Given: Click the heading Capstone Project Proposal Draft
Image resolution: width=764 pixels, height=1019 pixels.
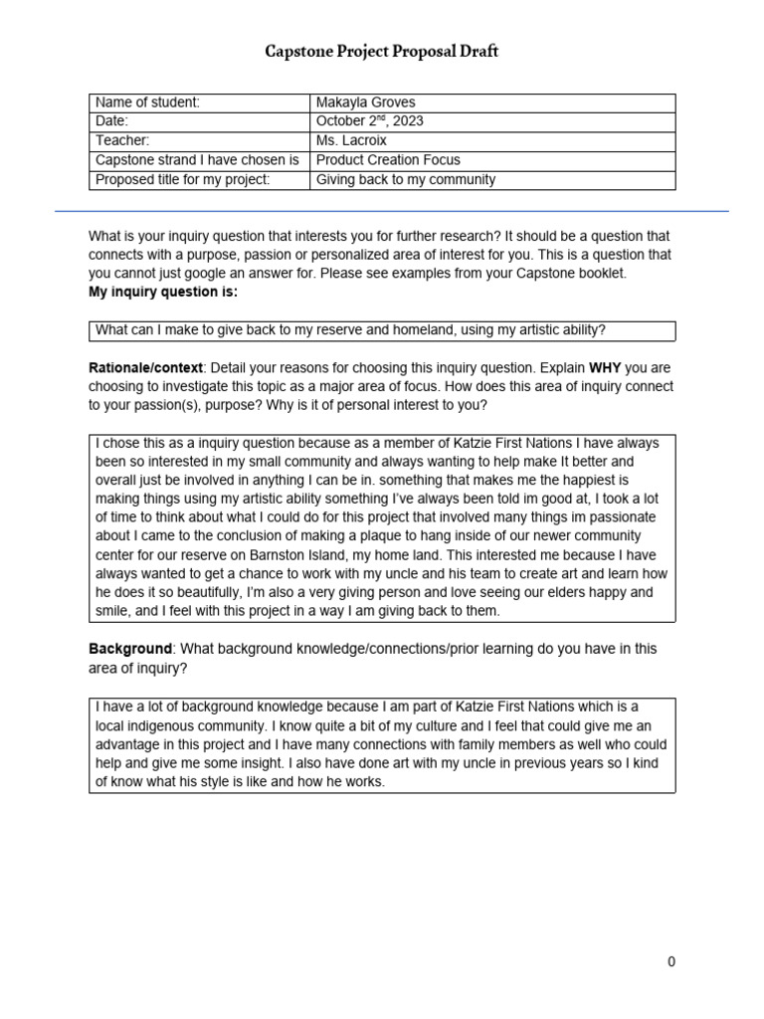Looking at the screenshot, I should (381, 52).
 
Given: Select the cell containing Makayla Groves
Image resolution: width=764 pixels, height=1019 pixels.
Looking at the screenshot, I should (365, 102).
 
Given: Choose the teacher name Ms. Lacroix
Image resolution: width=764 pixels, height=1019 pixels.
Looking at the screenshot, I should (351, 141).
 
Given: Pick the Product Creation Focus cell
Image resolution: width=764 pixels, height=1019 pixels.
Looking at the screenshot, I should (388, 160).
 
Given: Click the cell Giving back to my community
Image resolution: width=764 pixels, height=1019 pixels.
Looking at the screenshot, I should (405, 180).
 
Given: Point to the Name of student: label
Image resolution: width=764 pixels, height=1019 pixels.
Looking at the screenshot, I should (147, 102).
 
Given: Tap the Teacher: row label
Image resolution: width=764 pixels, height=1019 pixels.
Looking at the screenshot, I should (122, 141).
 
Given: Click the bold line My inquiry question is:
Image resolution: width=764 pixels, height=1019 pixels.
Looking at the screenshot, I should (163, 292).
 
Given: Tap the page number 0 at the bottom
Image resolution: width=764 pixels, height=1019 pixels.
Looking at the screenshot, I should (671, 961).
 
